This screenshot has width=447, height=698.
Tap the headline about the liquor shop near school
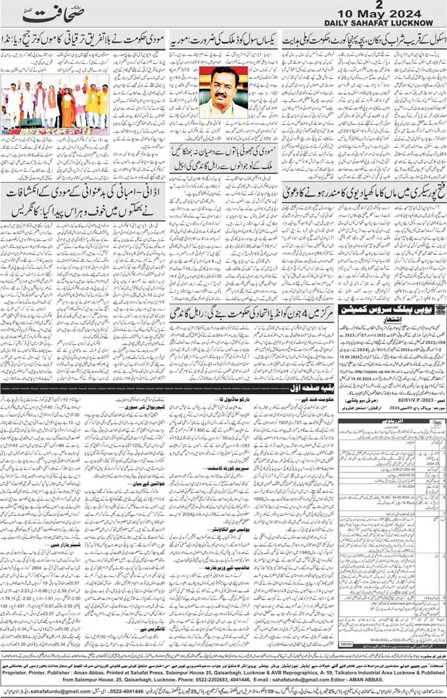[x=363, y=39]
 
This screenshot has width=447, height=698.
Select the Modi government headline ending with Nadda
[x=84, y=39]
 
